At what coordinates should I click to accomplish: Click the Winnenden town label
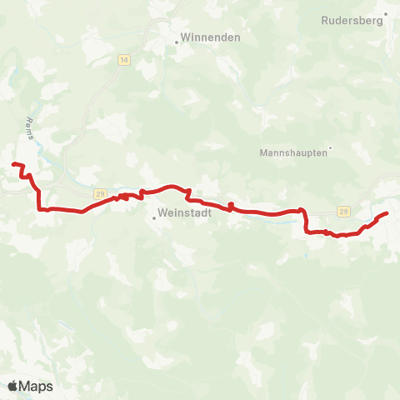[212, 37]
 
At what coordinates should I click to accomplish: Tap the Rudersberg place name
[352, 22]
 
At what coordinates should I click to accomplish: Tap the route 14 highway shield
[124, 61]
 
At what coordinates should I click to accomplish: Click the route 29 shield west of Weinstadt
[100, 194]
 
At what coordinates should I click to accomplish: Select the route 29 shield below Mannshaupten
[343, 212]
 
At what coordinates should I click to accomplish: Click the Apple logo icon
[13, 386]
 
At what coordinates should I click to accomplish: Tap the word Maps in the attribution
[37, 386]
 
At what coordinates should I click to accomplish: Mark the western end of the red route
[14, 165]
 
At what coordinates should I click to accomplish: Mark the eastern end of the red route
[387, 215]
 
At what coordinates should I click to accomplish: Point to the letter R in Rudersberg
[324, 22]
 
